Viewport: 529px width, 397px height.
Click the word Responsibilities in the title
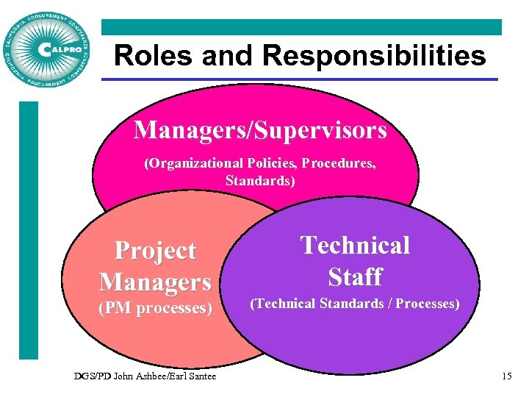coord(375,55)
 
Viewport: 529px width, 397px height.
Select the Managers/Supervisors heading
coord(260,130)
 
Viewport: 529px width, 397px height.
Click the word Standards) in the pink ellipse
coord(260,179)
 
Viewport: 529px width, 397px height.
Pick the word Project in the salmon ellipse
coord(155,251)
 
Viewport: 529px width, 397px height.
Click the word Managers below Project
coord(155,281)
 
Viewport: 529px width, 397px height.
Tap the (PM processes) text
coord(155,308)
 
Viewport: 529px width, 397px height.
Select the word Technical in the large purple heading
coord(355,245)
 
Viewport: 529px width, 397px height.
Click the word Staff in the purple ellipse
coord(355,276)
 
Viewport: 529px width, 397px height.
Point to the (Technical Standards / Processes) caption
coord(355,303)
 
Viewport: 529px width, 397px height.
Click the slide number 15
coord(506,376)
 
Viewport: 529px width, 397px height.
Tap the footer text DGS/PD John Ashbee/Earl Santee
coord(145,376)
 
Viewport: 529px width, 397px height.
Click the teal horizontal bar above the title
coord(301,27)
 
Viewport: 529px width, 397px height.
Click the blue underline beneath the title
coord(305,79)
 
